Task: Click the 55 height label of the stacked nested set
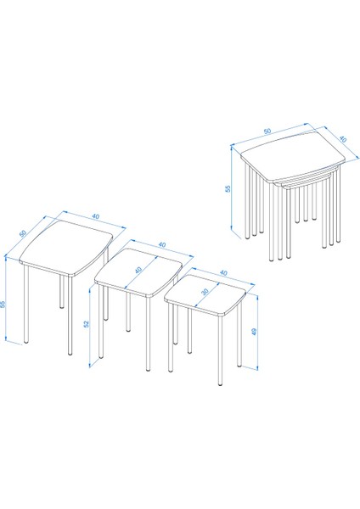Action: [228, 188]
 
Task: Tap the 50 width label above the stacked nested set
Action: [267, 131]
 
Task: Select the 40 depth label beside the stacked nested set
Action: [343, 139]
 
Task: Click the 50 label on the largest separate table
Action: [23, 233]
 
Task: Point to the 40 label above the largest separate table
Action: [96, 216]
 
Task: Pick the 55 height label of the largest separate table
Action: [3, 305]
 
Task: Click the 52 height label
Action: [86, 324]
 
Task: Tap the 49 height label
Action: [254, 332]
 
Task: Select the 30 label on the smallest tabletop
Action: [205, 292]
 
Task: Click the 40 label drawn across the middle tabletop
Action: [139, 270]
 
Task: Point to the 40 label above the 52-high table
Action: [161, 244]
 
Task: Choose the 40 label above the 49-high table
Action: [223, 273]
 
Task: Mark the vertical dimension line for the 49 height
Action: [257, 332]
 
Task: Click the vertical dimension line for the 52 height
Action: [89, 327]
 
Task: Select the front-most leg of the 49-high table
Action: [221, 350]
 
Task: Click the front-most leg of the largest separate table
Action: [70, 316]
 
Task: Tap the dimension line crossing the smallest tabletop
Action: [206, 294]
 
